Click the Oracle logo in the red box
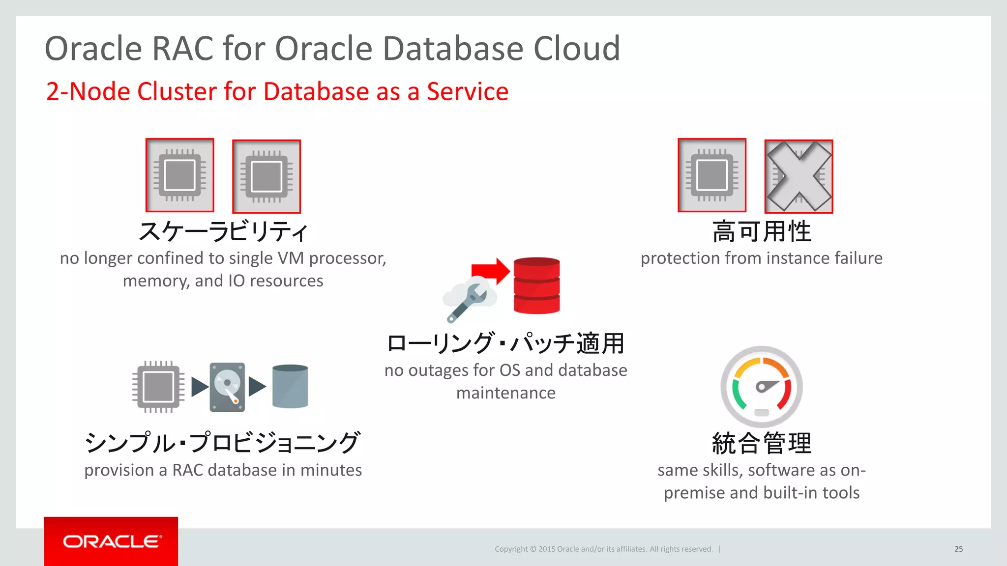click(x=111, y=541)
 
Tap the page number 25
click(x=958, y=549)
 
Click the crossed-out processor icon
click(x=799, y=176)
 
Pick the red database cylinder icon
click(x=536, y=285)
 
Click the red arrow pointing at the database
click(x=490, y=271)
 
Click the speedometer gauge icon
click(x=762, y=387)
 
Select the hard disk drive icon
click(x=227, y=387)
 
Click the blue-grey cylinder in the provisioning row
click(x=290, y=386)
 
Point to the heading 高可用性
click(x=762, y=231)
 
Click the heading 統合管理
click(x=762, y=443)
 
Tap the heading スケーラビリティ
click(x=223, y=231)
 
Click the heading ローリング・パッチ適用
click(x=505, y=343)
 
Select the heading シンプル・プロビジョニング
click(x=223, y=443)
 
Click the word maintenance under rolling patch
click(x=505, y=393)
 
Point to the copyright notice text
click(x=603, y=549)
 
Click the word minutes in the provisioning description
click(x=331, y=470)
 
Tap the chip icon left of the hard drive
click(x=158, y=387)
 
